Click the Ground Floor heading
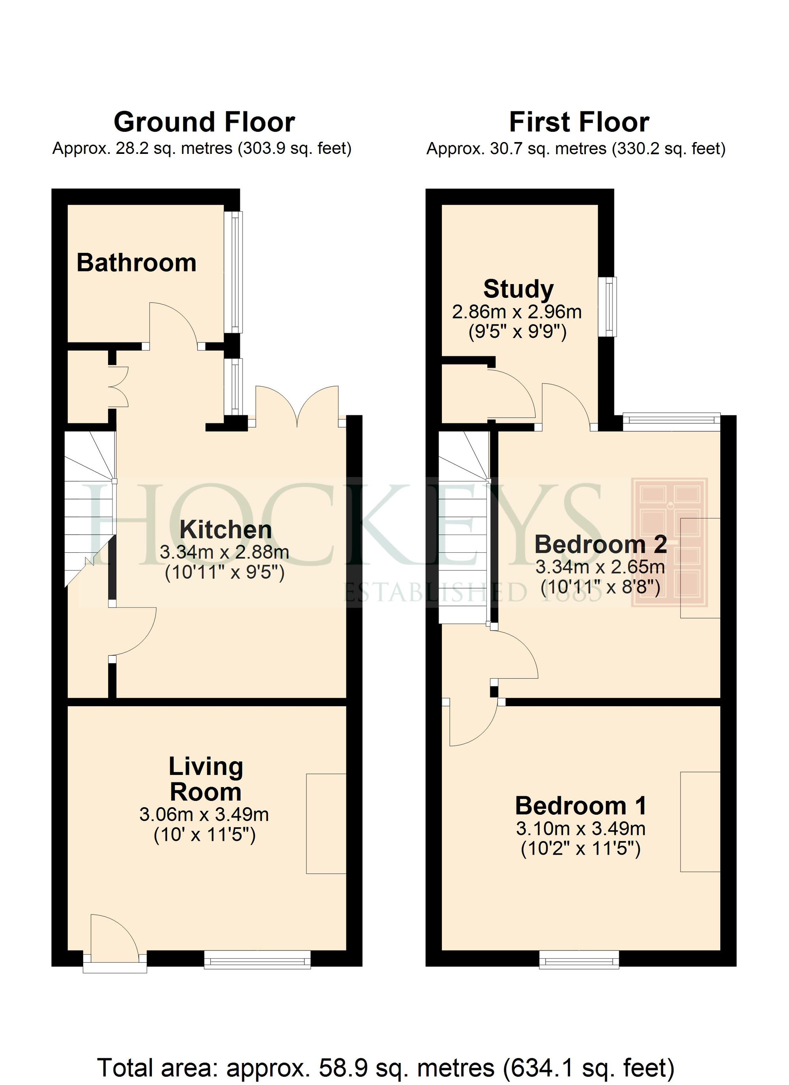[204, 122]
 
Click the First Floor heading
[579, 122]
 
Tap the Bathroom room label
[136, 263]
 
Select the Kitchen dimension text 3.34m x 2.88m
[224, 552]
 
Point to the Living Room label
[206, 779]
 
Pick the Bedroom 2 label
[600, 544]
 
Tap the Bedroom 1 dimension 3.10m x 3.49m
[580, 828]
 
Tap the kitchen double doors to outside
[297, 407]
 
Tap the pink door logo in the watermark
[669, 542]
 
